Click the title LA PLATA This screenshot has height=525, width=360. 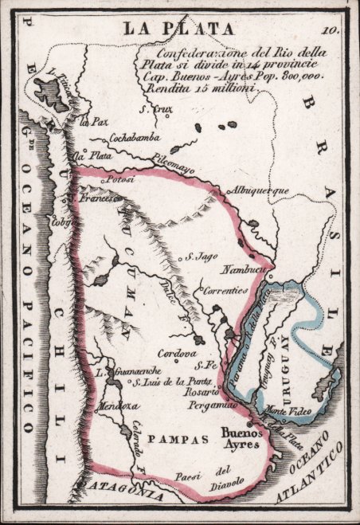pos(178,29)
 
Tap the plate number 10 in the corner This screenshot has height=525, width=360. pos(332,30)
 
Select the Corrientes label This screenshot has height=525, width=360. pos(227,292)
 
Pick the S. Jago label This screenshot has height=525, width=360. pos(201,257)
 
